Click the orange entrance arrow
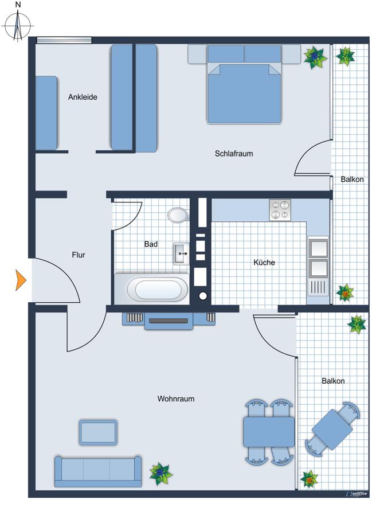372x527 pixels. (21, 280)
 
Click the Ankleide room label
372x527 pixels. (83, 97)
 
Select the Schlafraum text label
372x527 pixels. (234, 154)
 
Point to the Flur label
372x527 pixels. (79, 255)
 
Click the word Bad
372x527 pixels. (151, 244)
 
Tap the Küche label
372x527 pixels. (264, 263)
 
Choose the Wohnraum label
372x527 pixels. (175, 399)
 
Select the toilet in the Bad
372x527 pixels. (178, 215)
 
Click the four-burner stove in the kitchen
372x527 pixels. (280, 209)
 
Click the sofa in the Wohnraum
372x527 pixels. (97, 471)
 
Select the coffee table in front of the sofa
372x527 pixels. (99, 432)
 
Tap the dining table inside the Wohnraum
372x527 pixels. (268, 432)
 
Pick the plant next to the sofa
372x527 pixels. (160, 473)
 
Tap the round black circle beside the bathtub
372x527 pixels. (203, 296)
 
